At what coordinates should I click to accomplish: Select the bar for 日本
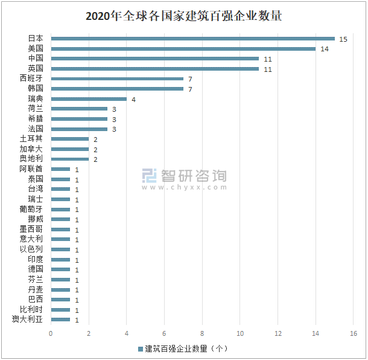(x=192, y=38)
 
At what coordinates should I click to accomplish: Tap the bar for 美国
(x=183, y=48)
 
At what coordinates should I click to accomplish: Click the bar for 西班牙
(x=117, y=79)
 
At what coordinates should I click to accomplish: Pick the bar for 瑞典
(x=89, y=98)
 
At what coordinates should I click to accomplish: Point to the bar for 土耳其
(x=69, y=139)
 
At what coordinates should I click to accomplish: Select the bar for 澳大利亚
(x=60, y=320)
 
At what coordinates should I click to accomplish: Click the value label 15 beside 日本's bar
(x=343, y=39)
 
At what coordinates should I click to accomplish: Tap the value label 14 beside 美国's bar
(x=324, y=49)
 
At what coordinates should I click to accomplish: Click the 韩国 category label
(x=36, y=89)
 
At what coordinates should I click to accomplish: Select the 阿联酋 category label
(x=31, y=169)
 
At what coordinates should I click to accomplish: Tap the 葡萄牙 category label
(x=31, y=209)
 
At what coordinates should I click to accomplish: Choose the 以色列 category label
(x=31, y=249)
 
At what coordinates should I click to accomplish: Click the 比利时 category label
(x=31, y=309)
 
